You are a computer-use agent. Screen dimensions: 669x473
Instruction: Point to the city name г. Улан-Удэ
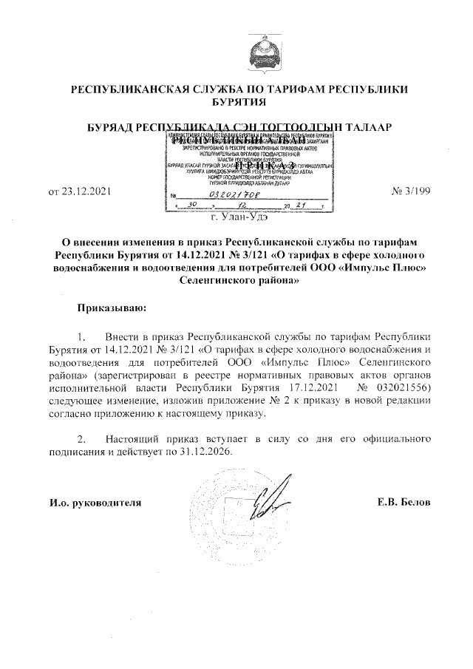pyautogui.click(x=239, y=217)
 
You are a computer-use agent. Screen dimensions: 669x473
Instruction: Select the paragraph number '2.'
pyautogui.click(x=84, y=439)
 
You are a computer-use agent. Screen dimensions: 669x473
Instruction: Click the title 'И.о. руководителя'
pyautogui.click(x=94, y=503)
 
